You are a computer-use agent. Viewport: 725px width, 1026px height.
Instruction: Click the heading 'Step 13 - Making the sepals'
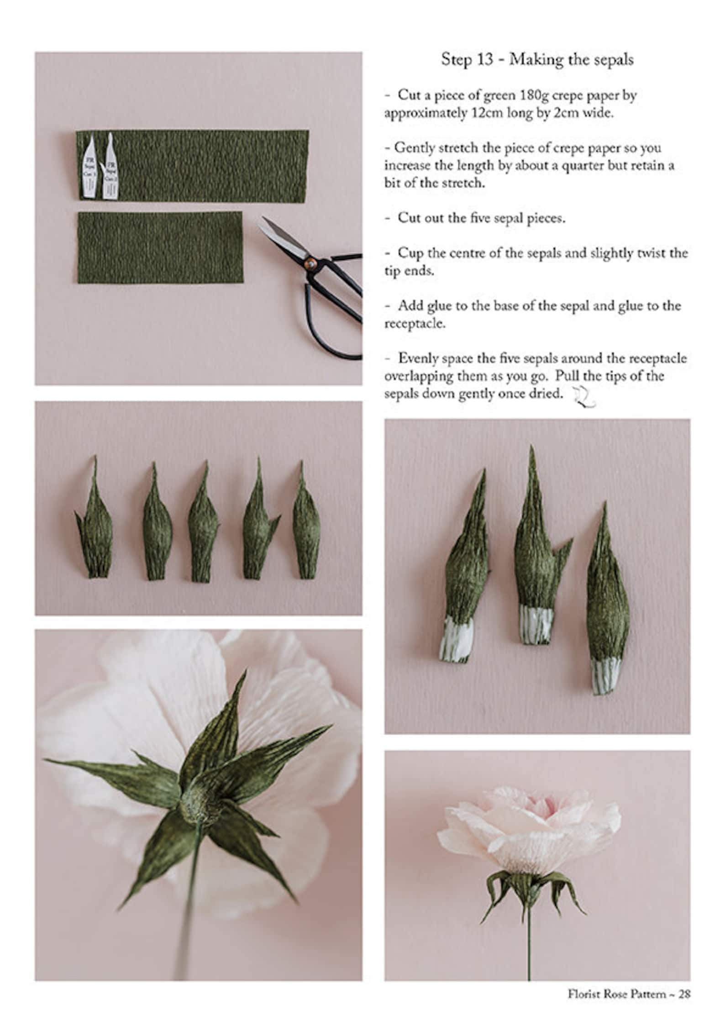(x=537, y=60)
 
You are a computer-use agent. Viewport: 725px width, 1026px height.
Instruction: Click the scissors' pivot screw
(x=310, y=263)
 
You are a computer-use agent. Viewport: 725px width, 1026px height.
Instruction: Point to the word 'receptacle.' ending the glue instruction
(x=414, y=324)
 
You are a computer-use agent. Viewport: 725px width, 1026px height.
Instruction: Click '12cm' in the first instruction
(x=487, y=113)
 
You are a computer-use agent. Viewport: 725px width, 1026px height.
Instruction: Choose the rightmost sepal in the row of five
(x=306, y=530)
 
